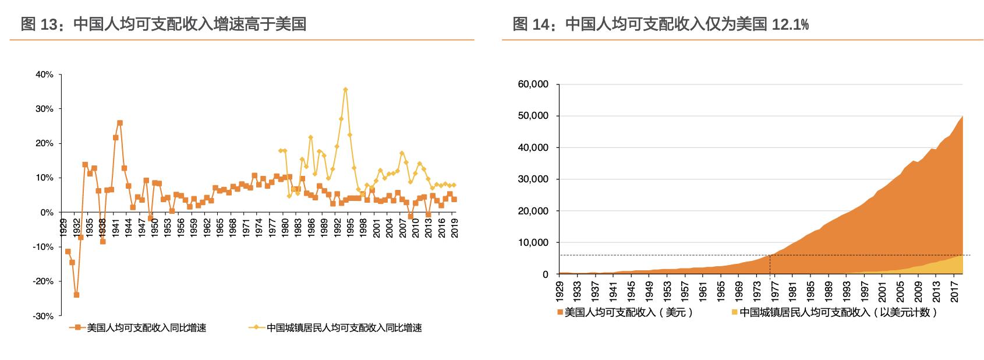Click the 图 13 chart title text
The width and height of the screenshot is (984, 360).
click(163, 24)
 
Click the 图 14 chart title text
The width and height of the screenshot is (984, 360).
click(660, 24)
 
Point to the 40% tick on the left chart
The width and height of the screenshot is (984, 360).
click(44, 75)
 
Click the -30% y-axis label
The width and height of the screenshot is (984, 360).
click(43, 316)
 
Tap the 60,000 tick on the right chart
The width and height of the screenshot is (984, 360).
click(533, 84)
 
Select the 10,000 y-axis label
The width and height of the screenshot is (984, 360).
click(533, 242)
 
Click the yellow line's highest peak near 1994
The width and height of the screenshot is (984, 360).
click(345, 90)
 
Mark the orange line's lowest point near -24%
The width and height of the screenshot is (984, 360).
click(76, 295)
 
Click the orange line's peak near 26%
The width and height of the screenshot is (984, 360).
click(119, 123)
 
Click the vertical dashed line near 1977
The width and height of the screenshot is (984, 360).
click(770, 265)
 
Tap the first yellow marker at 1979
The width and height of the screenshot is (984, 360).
click(281, 150)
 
